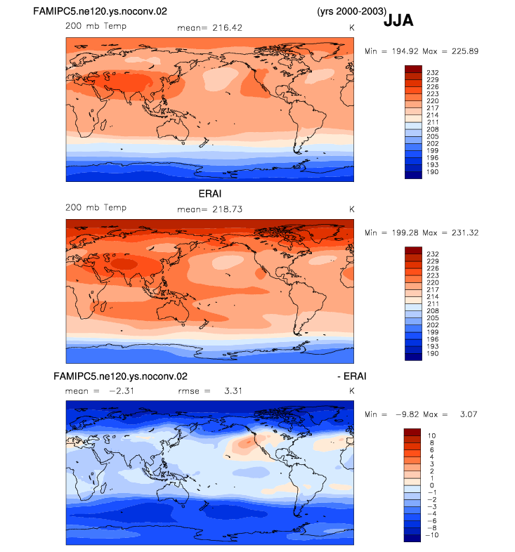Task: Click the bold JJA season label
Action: click(398, 20)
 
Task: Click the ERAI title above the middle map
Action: click(210, 194)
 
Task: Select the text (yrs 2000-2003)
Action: click(351, 12)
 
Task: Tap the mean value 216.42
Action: click(227, 28)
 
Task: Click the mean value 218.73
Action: click(227, 209)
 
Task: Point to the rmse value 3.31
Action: click(233, 391)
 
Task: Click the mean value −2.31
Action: click(122, 391)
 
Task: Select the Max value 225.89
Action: click(465, 51)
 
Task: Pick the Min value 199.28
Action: click(405, 232)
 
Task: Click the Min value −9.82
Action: click(408, 414)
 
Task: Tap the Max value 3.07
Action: click(469, 414)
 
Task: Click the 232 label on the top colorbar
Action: click(433, 72)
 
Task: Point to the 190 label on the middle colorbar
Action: click(433, 353)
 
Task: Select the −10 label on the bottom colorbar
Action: click(432, 535)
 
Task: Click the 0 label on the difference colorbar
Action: click(432, 485)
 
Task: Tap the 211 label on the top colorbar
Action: click(433, 122)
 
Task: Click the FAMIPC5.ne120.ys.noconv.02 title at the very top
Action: click(100, 12)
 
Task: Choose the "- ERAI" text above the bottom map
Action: click(351, 376)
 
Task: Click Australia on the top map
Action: click(173, 129)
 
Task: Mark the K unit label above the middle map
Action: click(351, 209)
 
